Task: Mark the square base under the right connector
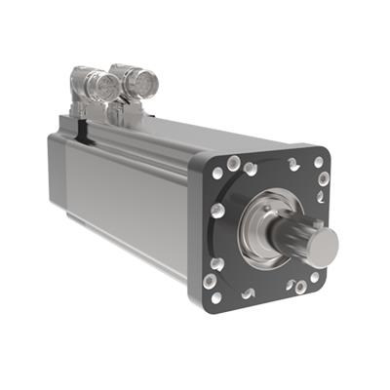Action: tap(132, 113)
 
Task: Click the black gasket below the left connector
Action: tap(83, 120)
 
